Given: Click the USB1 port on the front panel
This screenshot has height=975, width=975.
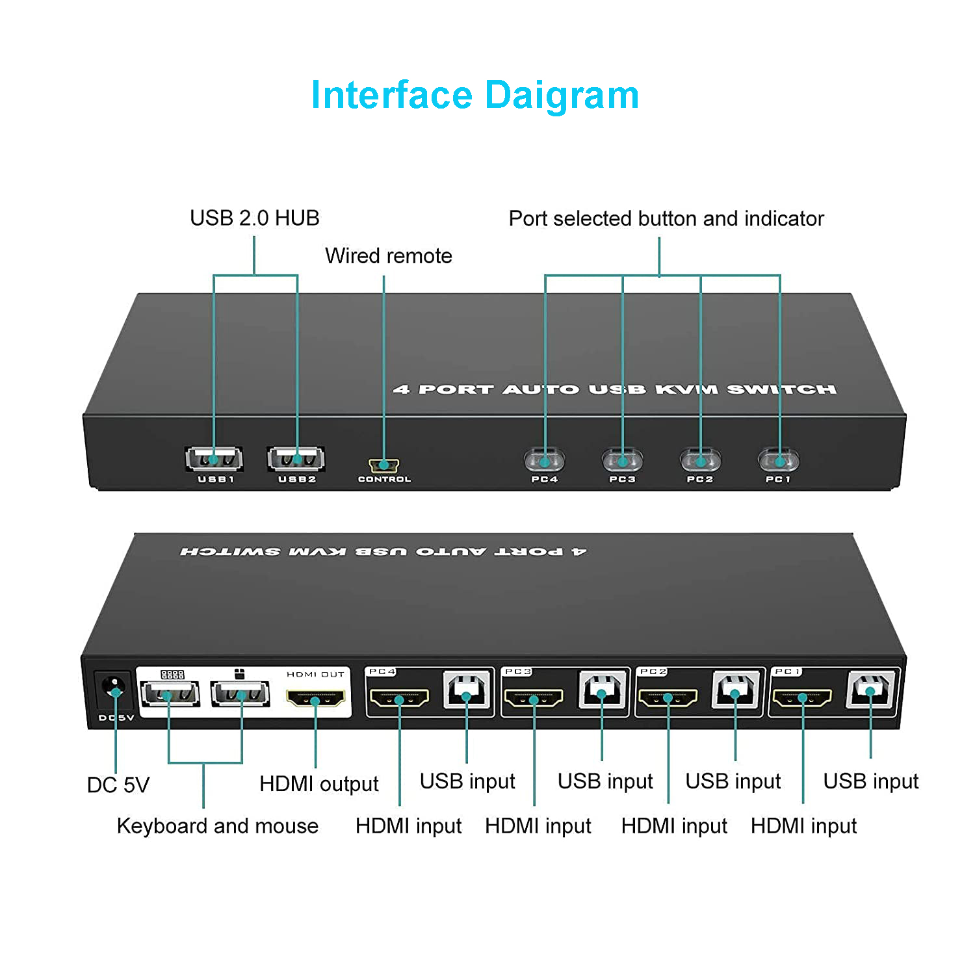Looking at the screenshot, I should tap(214, 459).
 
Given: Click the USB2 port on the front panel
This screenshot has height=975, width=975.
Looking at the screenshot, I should tap(296, 459).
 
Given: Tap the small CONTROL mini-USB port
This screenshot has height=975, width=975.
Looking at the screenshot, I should tap(384, 465).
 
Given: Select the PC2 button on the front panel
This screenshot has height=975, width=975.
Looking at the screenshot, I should tap(700, 461).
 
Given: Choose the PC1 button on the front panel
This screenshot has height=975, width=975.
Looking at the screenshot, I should tap(779, 461).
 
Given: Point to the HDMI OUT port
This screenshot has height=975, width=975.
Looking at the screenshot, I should tap(315, 699).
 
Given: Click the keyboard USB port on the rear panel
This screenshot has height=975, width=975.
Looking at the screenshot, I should tap(169, 694).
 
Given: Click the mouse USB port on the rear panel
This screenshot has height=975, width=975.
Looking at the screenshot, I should tap(240, 694).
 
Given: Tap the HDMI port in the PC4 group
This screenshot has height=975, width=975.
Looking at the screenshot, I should tap(399, 699).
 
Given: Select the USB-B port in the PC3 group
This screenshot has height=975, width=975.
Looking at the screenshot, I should tap(602, 690).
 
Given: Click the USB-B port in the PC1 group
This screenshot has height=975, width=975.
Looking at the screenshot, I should tap(871, 689).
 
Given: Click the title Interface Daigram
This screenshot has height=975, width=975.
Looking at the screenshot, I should tap(475, 95).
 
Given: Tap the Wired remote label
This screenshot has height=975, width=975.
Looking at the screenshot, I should tap(388, 256).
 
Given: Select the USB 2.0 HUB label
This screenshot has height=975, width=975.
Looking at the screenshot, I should tap(255, 218).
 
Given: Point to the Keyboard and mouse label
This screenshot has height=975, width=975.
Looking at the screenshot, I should tap(218, 826).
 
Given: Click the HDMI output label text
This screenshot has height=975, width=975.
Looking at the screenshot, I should tap(318, 784).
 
